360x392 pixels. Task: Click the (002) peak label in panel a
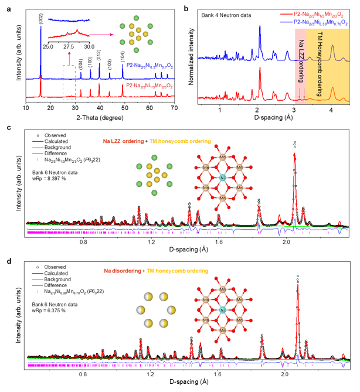[x=41, y=16]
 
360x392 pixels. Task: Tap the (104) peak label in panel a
[x=123, y=57]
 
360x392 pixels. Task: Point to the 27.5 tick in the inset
[x=68, y=46]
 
